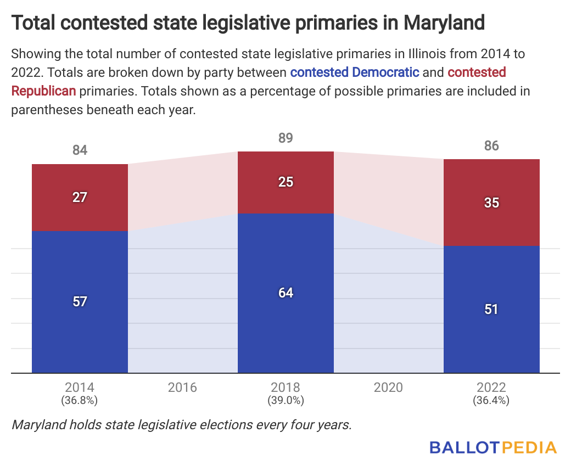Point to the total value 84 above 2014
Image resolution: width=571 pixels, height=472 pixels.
tap(80, 150)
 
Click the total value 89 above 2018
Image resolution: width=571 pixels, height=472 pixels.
tap(285, 138)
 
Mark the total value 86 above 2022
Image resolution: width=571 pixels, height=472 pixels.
tap(491, 146)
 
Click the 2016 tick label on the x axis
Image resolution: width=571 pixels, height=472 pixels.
tap(182, 388)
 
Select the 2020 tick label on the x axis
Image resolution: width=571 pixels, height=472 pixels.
tap(388, 388)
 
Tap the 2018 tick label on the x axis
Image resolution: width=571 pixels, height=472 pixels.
tap(285, 387)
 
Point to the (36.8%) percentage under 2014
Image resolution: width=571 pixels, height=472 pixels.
tap(80, 401)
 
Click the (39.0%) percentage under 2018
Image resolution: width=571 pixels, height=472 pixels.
tap(285, 401)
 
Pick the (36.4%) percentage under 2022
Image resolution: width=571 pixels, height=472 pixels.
tap(491, 401)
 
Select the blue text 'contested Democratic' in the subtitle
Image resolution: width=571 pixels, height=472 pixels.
tap(355, 72)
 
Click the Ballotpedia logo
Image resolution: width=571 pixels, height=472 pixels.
tap(493, 447)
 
